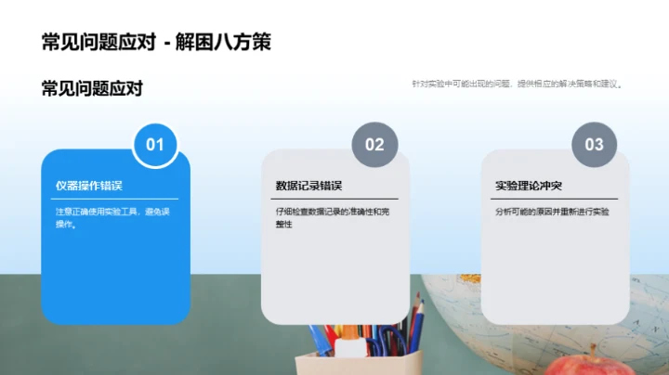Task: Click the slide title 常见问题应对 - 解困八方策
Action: point(156,42)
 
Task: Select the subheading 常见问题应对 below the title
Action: point(92,89)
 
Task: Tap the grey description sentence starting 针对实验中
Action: point(517,84)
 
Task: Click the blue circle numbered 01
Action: point(155,145)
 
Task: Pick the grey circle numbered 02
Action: point(374,145)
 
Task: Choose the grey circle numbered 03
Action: point(594,145)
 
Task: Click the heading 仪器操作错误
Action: point(89,186)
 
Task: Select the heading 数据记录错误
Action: point(308,186)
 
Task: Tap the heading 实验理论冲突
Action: point(528,186)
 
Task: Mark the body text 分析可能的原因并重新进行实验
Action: point(552,212)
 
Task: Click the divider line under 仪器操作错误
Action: point(116,199)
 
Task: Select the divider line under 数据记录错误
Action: point(335,199)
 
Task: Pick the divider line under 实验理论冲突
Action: point(555,199)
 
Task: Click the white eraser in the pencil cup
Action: point(348,349)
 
